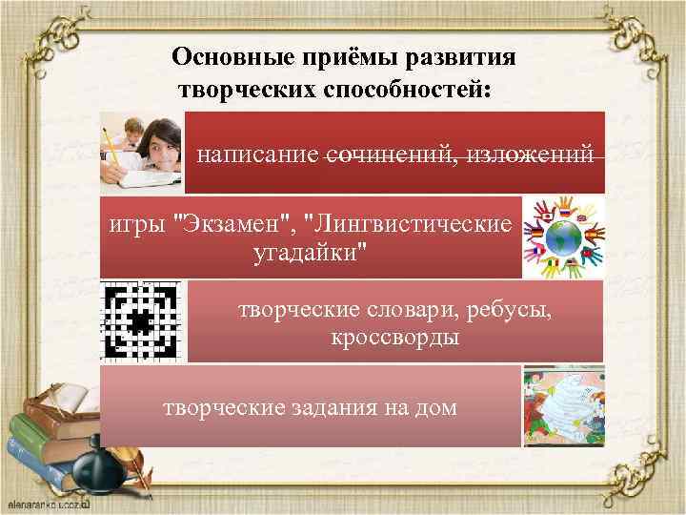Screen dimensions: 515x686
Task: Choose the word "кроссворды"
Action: point(395,338)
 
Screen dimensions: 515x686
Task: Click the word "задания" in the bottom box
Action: point(337,408)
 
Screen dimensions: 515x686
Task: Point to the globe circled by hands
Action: point(563,238)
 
